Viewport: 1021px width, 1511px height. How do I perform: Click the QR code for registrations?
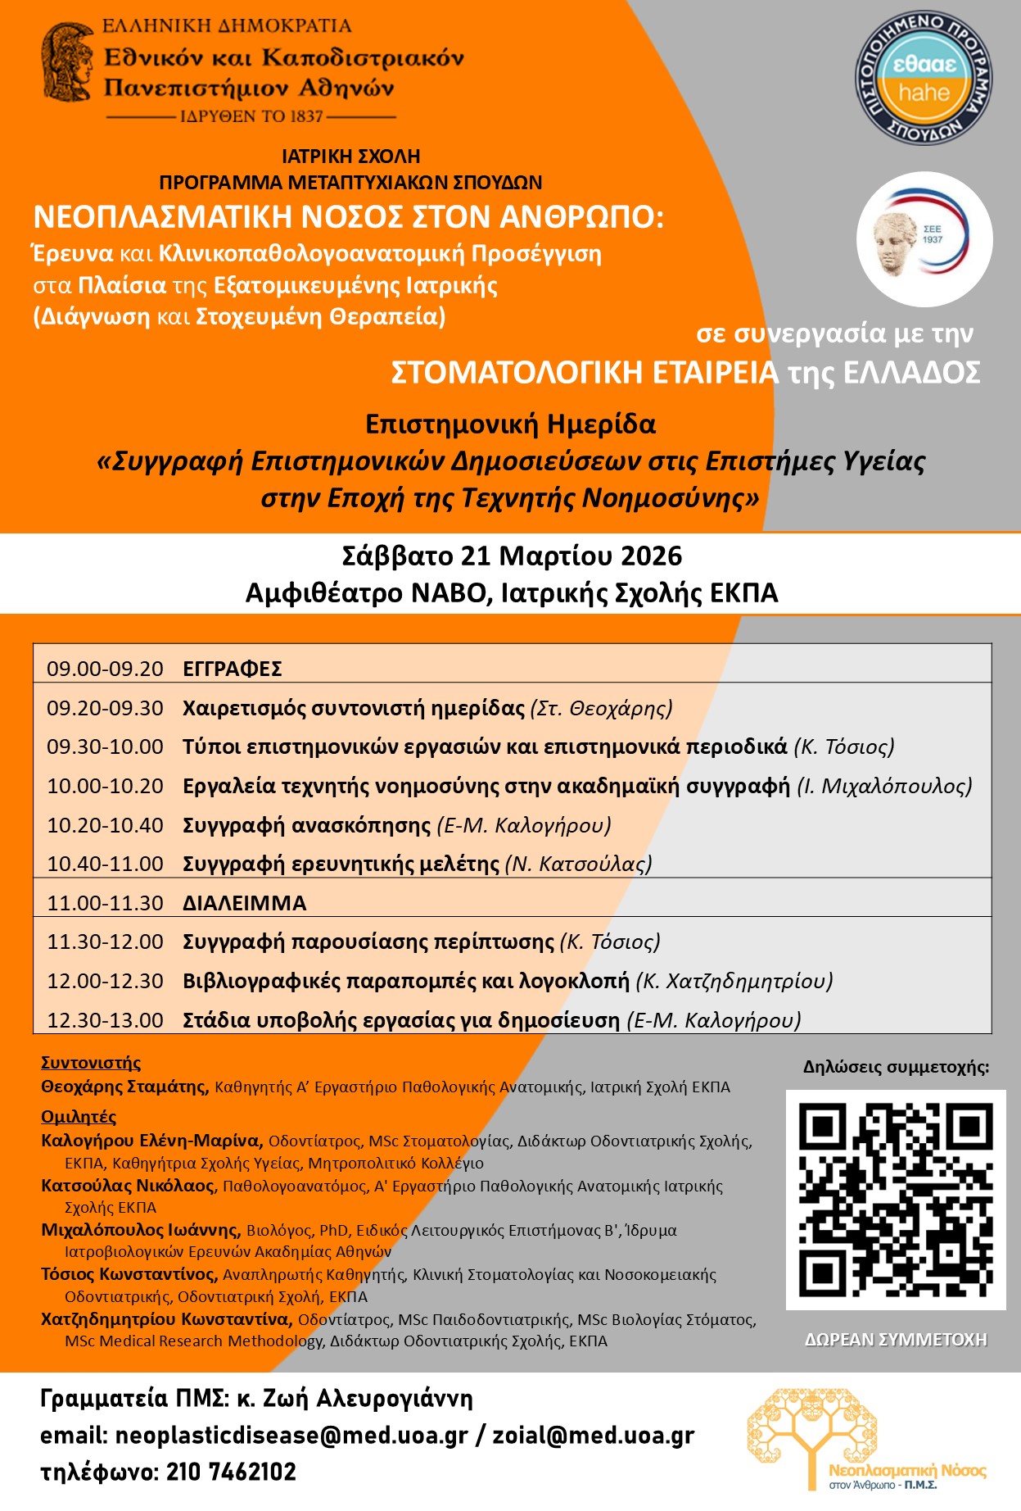(x=896, y=1200)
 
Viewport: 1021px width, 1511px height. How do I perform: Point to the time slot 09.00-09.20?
(x=105, y=669)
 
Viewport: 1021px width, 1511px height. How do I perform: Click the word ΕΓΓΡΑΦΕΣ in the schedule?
(x=233, y=669)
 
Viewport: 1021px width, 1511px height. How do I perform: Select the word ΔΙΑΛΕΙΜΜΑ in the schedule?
(x=244, y=903)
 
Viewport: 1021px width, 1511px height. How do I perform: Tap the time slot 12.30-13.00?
(x=105, y=1020)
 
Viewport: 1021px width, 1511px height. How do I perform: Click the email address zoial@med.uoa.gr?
(x=593, y=1436)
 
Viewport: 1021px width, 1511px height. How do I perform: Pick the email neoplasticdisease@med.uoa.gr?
(x=291, y=1436)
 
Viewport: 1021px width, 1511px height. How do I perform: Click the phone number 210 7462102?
(x=231, y=1472)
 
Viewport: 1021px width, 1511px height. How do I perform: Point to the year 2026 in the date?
(x=651, y=556)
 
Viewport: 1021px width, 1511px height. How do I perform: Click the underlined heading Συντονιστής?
(x=91, y=1063)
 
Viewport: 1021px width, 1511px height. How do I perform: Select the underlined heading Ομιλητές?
(x=79, y=1117)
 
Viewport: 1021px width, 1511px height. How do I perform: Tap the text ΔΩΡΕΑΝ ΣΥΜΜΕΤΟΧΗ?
(x=896, y=1340)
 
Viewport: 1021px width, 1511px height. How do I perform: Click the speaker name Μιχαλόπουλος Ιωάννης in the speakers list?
(x=140, y=1230)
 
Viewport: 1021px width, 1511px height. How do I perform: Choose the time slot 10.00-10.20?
(x=105, y=786)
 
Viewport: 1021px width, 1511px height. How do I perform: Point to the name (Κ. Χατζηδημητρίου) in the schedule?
(x=734, y=981)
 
